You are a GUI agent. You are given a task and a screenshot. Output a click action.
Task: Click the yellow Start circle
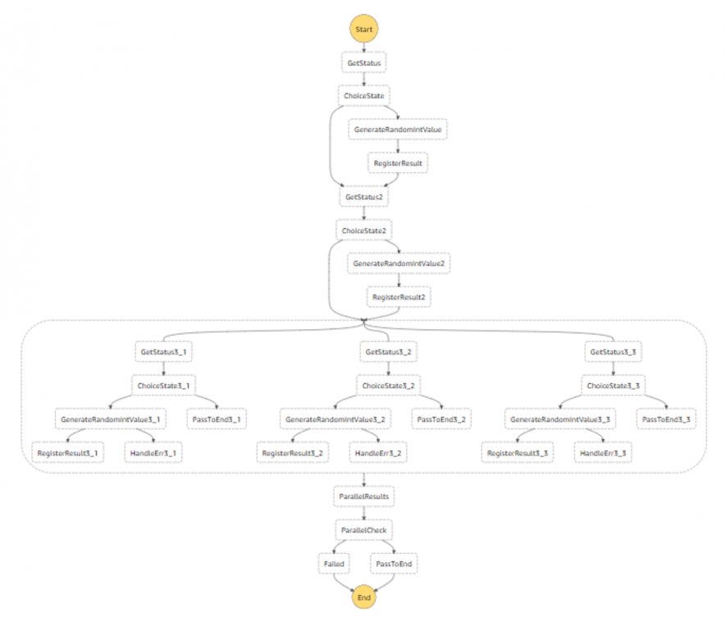pyautogui.click(x=364, y=29)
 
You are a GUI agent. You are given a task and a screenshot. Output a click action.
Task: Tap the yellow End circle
pyautogui.click(x=364, y=597)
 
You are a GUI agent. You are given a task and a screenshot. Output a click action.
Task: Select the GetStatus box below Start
pyautogui.click(x=363, y=62)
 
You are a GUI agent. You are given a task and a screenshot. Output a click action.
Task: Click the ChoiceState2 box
pyautogui.click(x=363, y=231)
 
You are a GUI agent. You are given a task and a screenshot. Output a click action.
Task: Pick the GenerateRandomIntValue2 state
pyautogui.click(x=399, y=264)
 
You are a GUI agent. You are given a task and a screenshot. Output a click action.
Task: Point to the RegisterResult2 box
pyautogui.click(x=399, y=296)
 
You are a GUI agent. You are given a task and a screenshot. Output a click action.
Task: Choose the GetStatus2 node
pyautogui.click(x=363, y=197)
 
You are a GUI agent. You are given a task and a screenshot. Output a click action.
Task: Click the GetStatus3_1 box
pyautogui.click(x=164, y=351)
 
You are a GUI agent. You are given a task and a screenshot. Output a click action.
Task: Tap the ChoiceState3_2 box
pyautogui.click(x=388, y=385)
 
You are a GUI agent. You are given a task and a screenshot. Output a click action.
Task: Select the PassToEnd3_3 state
pyautogui.click(x=666, y=418)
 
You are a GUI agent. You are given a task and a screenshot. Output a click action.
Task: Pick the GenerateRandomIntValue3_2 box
pyautogui.click(x=334, y=418)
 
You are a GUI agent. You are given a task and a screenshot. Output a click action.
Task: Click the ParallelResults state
pyautogui.click(x=363, y=496)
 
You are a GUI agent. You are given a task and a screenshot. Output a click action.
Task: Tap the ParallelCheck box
pyautogui.click(x=363, y=530)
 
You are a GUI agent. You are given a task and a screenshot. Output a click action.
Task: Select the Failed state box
pyautogui.click(x=334, y=564)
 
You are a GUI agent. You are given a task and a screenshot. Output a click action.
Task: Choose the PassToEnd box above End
pyautogui.click(x=394, y=564)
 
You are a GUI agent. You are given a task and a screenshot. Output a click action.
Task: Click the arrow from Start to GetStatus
pyautogui.click(x=363, y=48)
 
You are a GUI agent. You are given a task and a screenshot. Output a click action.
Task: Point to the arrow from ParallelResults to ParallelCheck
pyautogui.click(x=363, y=514)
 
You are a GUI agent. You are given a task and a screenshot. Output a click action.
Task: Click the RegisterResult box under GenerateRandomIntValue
pyautogui.click(x=399, y=163)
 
